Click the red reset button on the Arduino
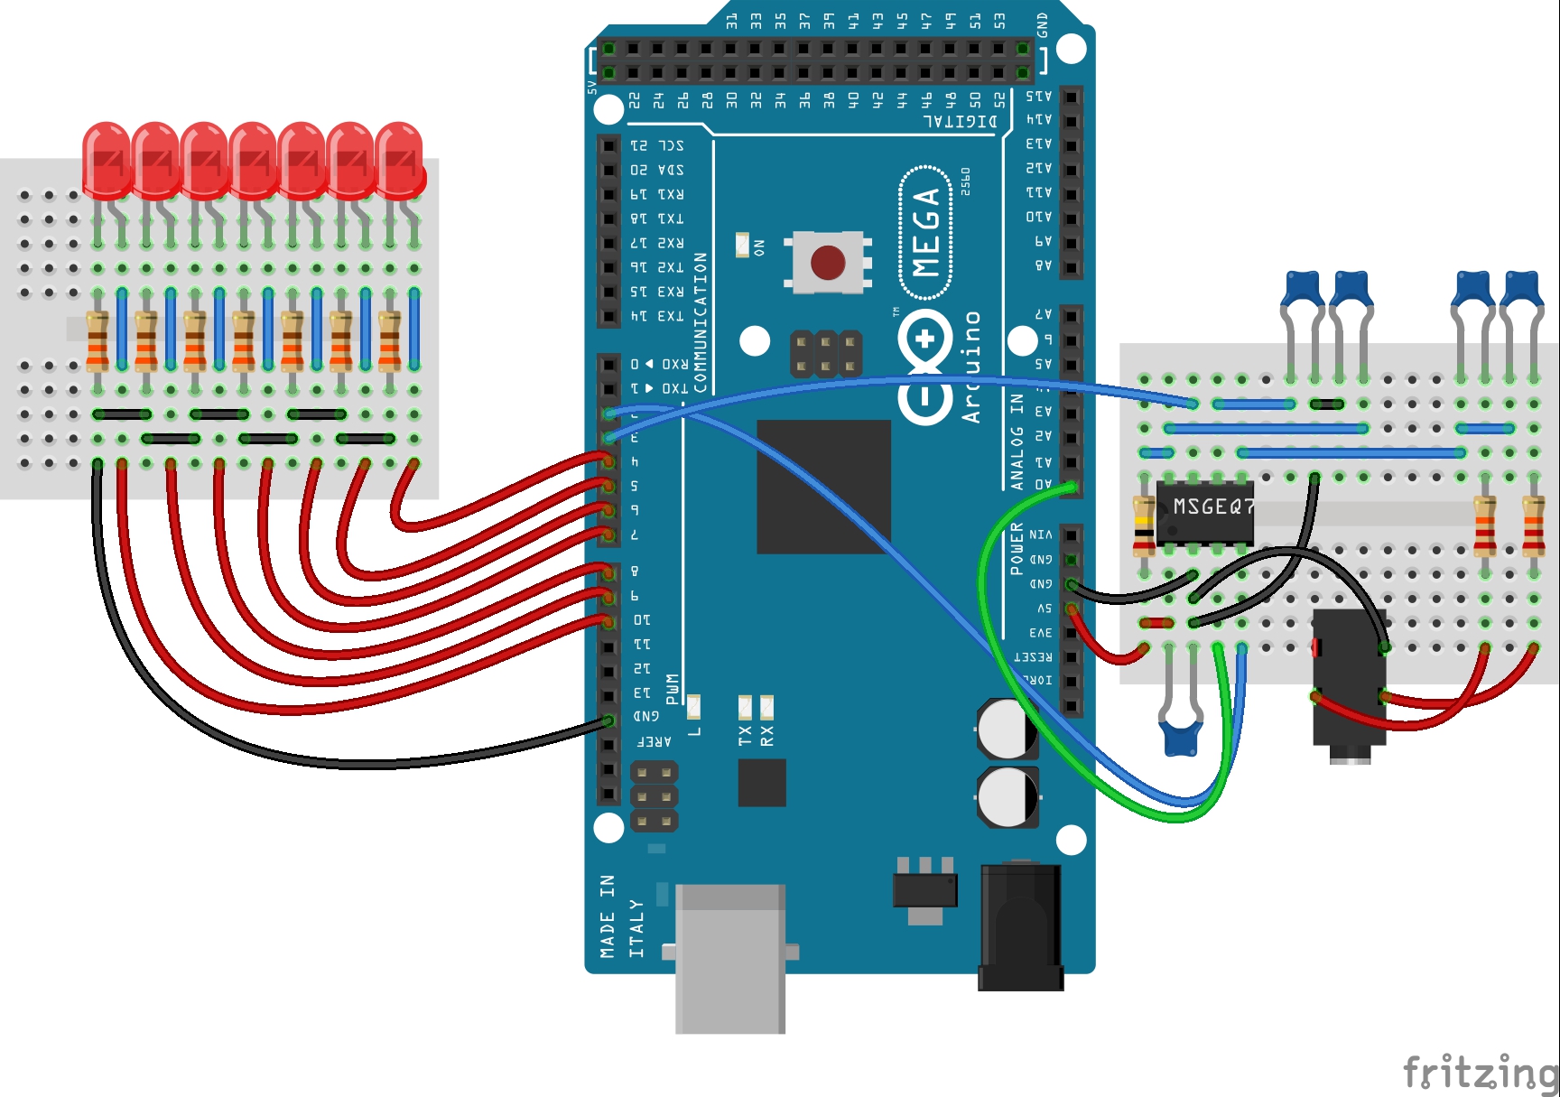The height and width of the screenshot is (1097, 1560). coord(827,263)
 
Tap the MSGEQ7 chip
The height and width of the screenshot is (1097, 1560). coord(1205,512)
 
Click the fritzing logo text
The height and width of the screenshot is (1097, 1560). coord(1481,1073)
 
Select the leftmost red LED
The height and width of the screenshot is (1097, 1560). coord(107,161)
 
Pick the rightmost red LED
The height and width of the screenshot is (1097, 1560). coord(399,161)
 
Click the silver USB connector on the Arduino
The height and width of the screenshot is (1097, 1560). coord(729,957)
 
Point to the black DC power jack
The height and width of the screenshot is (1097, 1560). coord(1020,925)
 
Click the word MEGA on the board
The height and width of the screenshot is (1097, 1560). coord(926,232)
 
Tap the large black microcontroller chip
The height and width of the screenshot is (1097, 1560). coord(823,487)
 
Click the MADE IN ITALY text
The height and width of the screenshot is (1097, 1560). coord(622,916)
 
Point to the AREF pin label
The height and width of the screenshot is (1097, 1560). coord(654,741)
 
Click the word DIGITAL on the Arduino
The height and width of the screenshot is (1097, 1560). coord(960,121)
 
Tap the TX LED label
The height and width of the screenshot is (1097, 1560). coord(745,735)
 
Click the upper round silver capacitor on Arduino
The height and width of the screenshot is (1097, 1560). coord(1006,729)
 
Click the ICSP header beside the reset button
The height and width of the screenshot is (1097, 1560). coord(825,353)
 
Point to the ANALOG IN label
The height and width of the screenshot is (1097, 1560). coord(1017,442)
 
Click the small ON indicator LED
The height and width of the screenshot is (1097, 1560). coord(743,245)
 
